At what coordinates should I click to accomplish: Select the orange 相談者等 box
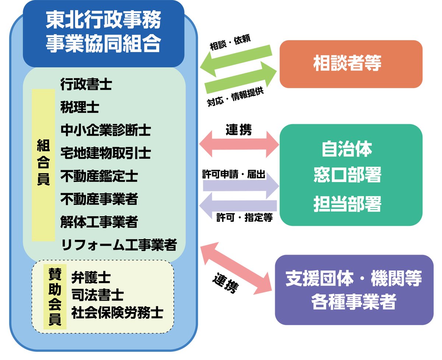pyautogui.click(x=351, y=64)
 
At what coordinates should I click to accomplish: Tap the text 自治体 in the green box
pyautogui.click(x=347, y=149)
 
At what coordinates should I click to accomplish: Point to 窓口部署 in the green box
pyautogui.click(x=347, y=175)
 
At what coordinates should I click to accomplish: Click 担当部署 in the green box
pyautogui.click(x=347, y=203)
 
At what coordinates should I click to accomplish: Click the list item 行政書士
pyautogui.click(x=86, y=85)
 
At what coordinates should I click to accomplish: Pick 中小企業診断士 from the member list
pyautogui.click(x=106, y=130)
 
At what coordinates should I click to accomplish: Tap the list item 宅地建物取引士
pyautogui.click(x=106, y=153)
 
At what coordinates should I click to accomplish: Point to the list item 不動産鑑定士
pyautogui.click(x=99, y=176)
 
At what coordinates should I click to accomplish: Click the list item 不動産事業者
pyautogui.click(x=99, y=199)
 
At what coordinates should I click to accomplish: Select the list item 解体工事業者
pyautogui.click(x=99, y=222)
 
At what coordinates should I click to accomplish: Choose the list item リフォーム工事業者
pyautogui.click(x=119, y=245)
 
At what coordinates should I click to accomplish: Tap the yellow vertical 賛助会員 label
pyautogui.click(x=55, y=296)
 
